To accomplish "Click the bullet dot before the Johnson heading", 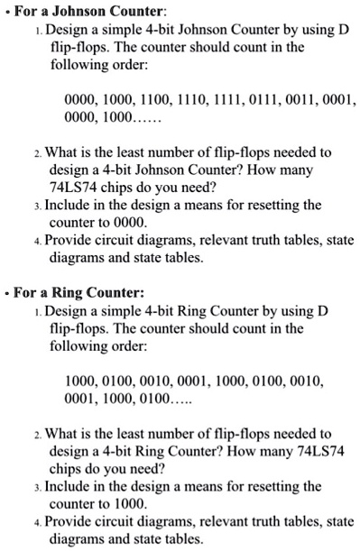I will (x=6, y=11).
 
